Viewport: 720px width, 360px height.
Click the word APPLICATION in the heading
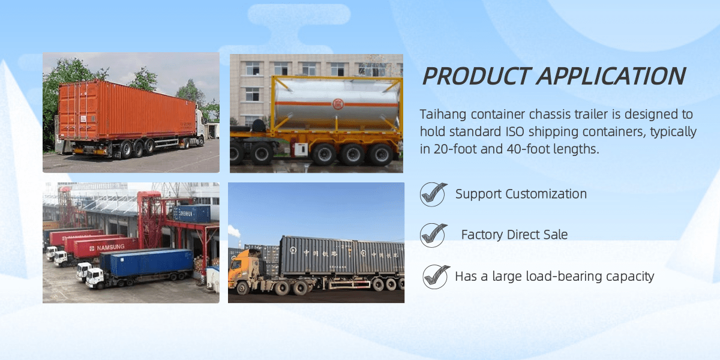611,76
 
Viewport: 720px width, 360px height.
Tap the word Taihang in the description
443,115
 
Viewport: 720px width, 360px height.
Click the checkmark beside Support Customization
433,194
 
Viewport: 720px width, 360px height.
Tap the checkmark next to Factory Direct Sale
433,235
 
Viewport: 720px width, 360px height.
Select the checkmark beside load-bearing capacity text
436,277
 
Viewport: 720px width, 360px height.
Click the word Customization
546,194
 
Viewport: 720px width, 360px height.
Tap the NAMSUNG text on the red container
110,247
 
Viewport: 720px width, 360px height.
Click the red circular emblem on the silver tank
337,104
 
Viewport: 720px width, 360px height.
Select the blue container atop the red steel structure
191,214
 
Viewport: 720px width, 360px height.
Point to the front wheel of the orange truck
242,289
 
